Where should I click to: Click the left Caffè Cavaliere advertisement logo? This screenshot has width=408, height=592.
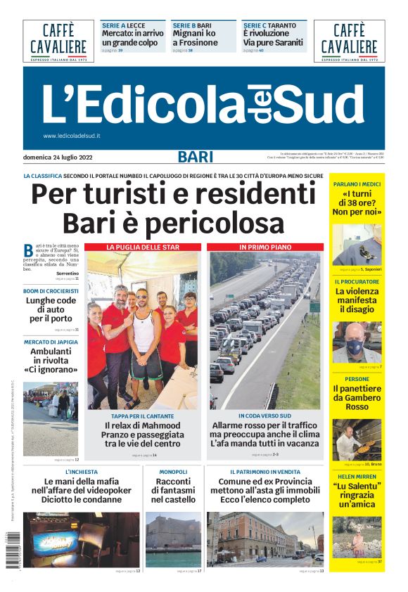(58, 41)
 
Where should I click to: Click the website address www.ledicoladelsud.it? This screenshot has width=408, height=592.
(72, 136)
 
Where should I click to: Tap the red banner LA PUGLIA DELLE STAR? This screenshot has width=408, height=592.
(143, 247)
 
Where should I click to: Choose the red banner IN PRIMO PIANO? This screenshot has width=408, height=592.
(265, 247)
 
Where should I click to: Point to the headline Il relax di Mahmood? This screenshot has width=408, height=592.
(144, 425)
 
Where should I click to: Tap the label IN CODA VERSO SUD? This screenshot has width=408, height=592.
(265, 416)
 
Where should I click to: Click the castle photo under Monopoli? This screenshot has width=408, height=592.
(173, 539)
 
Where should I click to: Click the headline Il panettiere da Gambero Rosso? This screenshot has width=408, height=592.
(357, 397)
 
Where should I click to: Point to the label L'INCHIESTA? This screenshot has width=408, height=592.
(82, 472)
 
